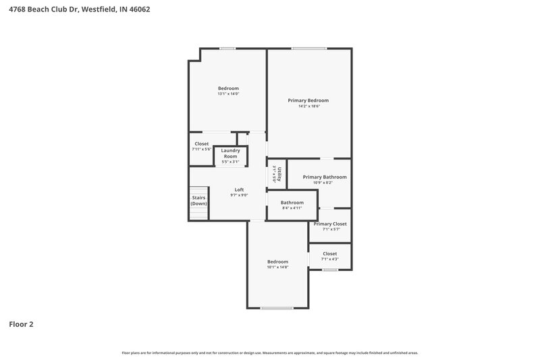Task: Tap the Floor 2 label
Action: (21, 324)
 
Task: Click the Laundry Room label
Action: (230, 153)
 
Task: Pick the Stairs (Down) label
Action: (198, 201)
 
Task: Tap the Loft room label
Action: (239, 190)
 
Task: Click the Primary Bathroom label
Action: (325, 177)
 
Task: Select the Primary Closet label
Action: (330, 224)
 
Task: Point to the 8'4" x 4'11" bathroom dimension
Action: (292, 208)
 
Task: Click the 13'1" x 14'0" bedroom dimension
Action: (228, 94)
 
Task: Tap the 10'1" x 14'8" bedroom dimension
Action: (277, 267)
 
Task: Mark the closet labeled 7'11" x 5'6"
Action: (201, 149)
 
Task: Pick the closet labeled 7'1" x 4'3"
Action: (329, 259)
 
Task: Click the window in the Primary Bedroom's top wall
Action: (309, 48)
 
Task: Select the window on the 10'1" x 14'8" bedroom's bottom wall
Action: (277, 308)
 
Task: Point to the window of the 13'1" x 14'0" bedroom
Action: (227, 48)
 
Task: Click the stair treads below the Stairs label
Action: (198, 213)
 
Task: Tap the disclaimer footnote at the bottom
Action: (269, 353)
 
